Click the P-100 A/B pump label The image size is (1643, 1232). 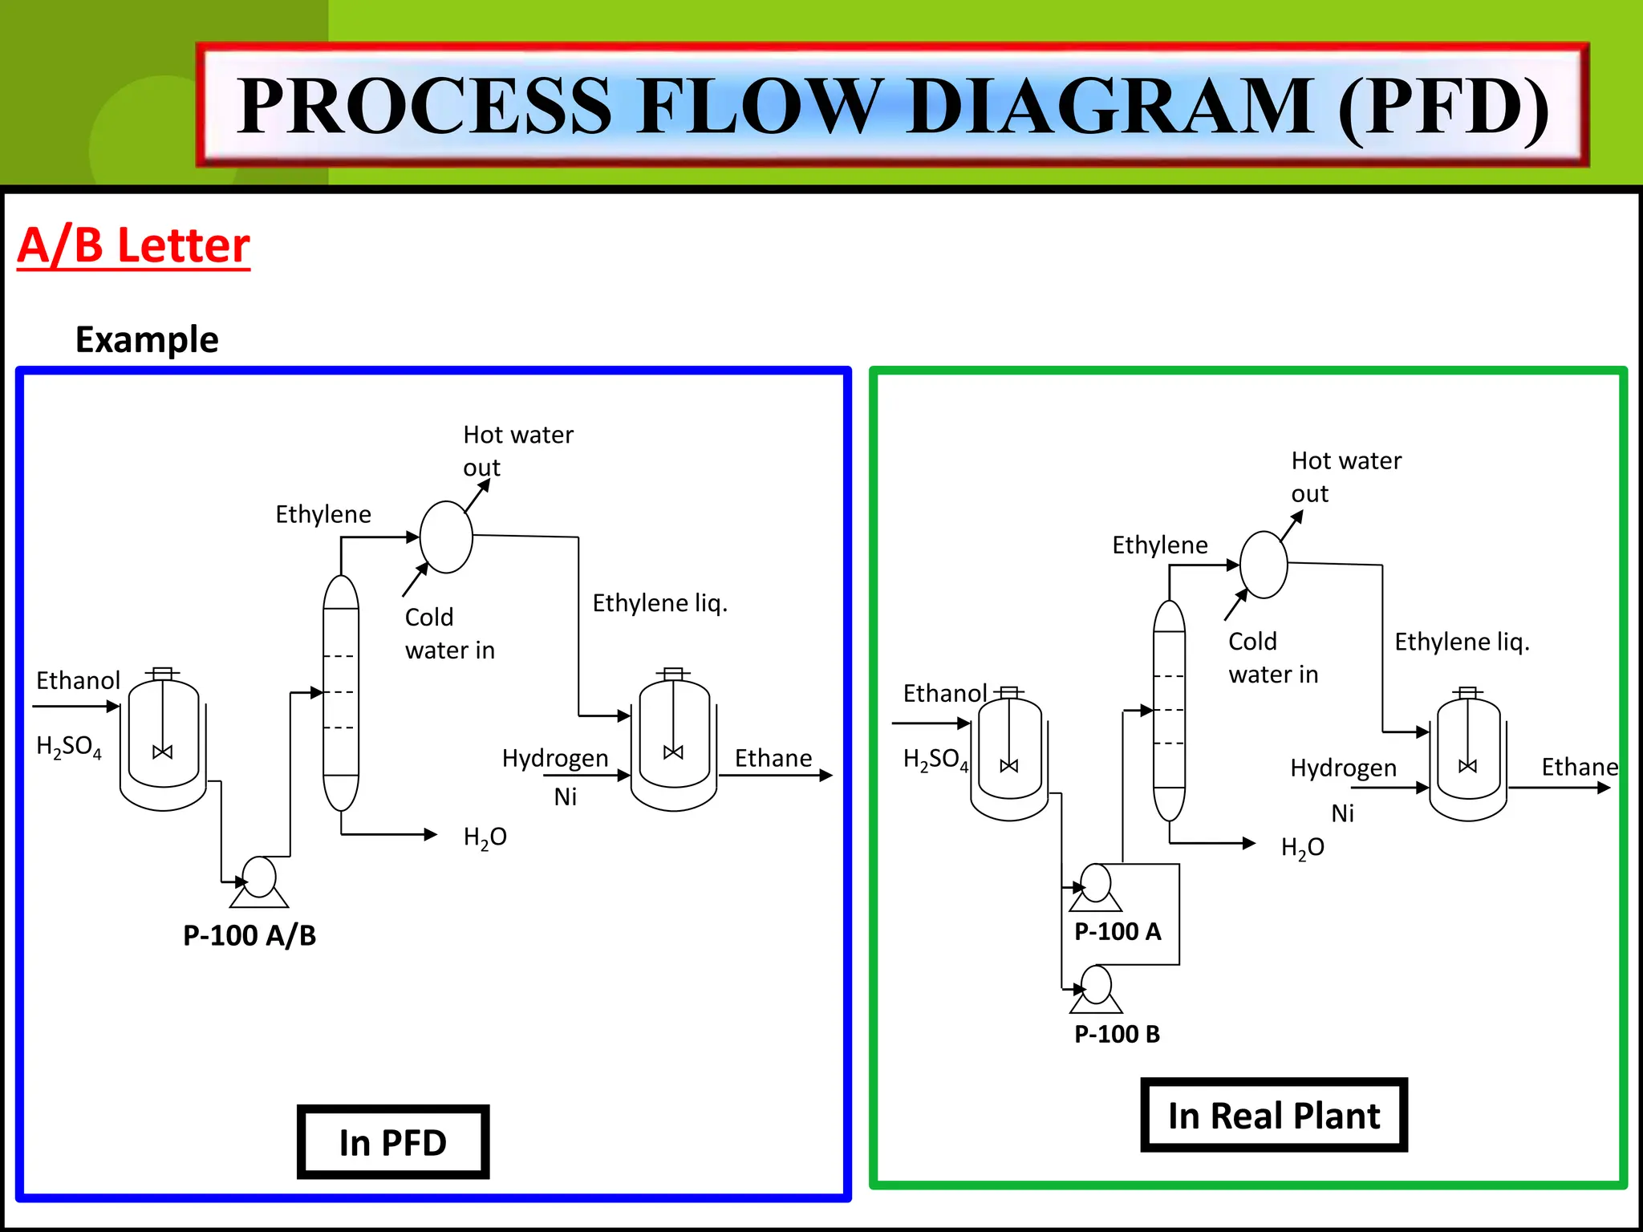pyautogui.click(x=249, y=935)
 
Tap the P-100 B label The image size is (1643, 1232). pyautogui.click(x=1117, y=1034)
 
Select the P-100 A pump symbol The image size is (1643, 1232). pyautogui.click(x=1096, y=887)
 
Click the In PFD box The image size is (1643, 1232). pyautogui.click(x=393, y=1142)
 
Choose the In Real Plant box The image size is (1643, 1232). pyautogui.click(x=1273, y=1116)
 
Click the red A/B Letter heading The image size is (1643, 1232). pyautogui.click(x=134, y=245)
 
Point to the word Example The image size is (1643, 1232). pyautogui.click(x=147, y=339)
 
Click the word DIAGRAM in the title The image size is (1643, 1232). pyautogui.click(x=1110, y=106)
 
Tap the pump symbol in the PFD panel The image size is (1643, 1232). pyautogui.click(x=259, y=881)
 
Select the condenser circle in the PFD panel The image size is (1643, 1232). pyautogui.click(x=446, y=537)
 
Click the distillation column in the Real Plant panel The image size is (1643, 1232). pyautogui.click(x=1169, y=711)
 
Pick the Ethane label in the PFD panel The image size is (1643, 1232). pyautogui.click(x=773, y=758)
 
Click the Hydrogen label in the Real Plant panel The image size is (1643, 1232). pyautogui.click(x=1343, y=768)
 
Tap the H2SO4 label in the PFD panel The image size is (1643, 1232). pyautogui.click(x=69, y=747)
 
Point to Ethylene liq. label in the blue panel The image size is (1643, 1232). pyautogui.click(x=659, y=603)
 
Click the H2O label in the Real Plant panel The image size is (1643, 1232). pyautogui.click(x=1302, y=848)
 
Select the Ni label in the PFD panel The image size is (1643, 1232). pyautogui.click(x=565, y=796)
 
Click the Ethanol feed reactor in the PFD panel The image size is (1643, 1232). pyautogui.click(x=164, y=738)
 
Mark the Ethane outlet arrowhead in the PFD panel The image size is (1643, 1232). pyautogui.click(x=826, y=776)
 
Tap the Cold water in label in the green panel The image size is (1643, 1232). pyautogui.click(x=1272, y=658)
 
